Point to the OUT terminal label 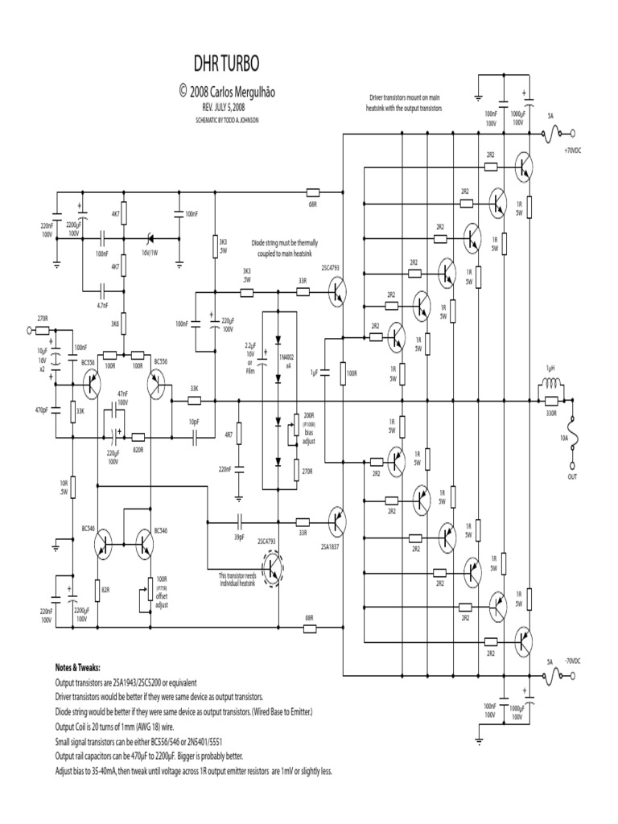pyautogui.click(x=573, y=476)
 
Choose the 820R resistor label pyautogui.click(x=138, y=449)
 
